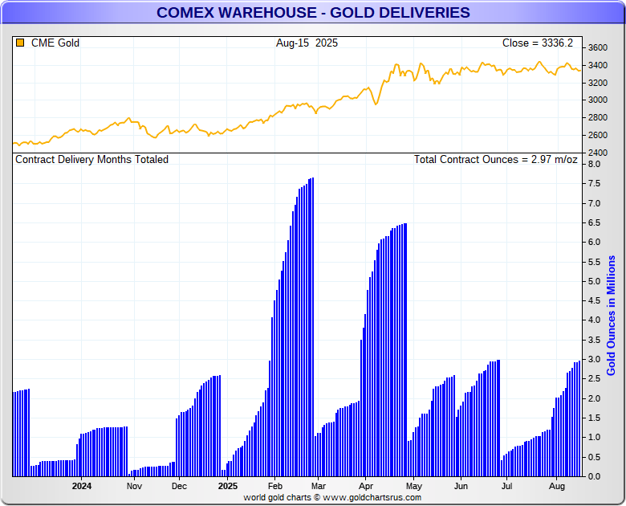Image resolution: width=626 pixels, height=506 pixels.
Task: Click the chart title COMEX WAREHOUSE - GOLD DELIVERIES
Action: (x=313, y=13)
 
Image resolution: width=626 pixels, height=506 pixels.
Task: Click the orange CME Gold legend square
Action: (x=20, y=43)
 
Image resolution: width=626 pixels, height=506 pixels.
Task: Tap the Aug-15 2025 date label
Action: (x=307, y=43)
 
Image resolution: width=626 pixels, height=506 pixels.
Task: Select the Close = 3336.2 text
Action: (x=539, y=43)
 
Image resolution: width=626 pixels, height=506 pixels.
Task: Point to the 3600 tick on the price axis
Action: (x=597, y=47)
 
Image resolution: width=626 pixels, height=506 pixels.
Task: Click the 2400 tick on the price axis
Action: (x=597, y=152)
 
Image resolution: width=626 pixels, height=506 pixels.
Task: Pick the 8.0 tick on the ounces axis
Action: (x=594, y=164)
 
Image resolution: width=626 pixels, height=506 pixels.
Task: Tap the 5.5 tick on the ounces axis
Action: (x=594, y=262)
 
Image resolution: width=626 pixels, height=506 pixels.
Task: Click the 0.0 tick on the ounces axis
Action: (x=594, y=476)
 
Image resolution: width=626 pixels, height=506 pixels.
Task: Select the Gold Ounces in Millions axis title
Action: (x=612, y=316)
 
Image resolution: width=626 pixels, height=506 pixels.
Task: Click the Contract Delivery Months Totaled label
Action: (x=92, y=159)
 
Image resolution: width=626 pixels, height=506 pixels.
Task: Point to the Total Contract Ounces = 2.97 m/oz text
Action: (x=495, y=159)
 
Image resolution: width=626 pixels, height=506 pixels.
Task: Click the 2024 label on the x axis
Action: (x=82, y=486)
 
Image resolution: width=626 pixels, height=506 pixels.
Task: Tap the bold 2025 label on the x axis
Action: (x=228, y=486)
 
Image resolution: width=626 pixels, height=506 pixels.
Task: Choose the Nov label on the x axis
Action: (x=134, y=486)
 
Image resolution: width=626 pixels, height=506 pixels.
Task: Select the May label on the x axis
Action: (x=413, y=486)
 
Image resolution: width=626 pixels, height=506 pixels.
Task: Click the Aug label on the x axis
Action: (x=556, y=486)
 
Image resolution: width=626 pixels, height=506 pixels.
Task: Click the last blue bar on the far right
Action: (x=579, y=418)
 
